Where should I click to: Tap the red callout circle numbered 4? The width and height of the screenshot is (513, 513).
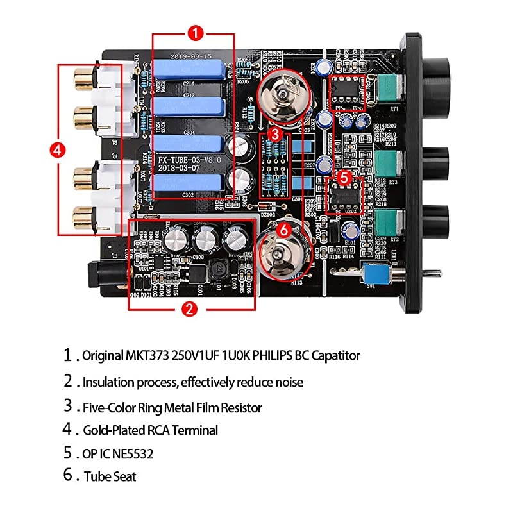(x=57, y=150)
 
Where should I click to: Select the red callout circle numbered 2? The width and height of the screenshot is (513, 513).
(x=189, y=309)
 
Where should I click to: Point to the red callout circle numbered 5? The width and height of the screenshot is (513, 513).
(x=344, y=175)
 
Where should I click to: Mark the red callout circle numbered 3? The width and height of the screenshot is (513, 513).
(x=274, y=134)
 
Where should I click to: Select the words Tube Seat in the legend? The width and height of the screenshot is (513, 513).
(x=109, y=476)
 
